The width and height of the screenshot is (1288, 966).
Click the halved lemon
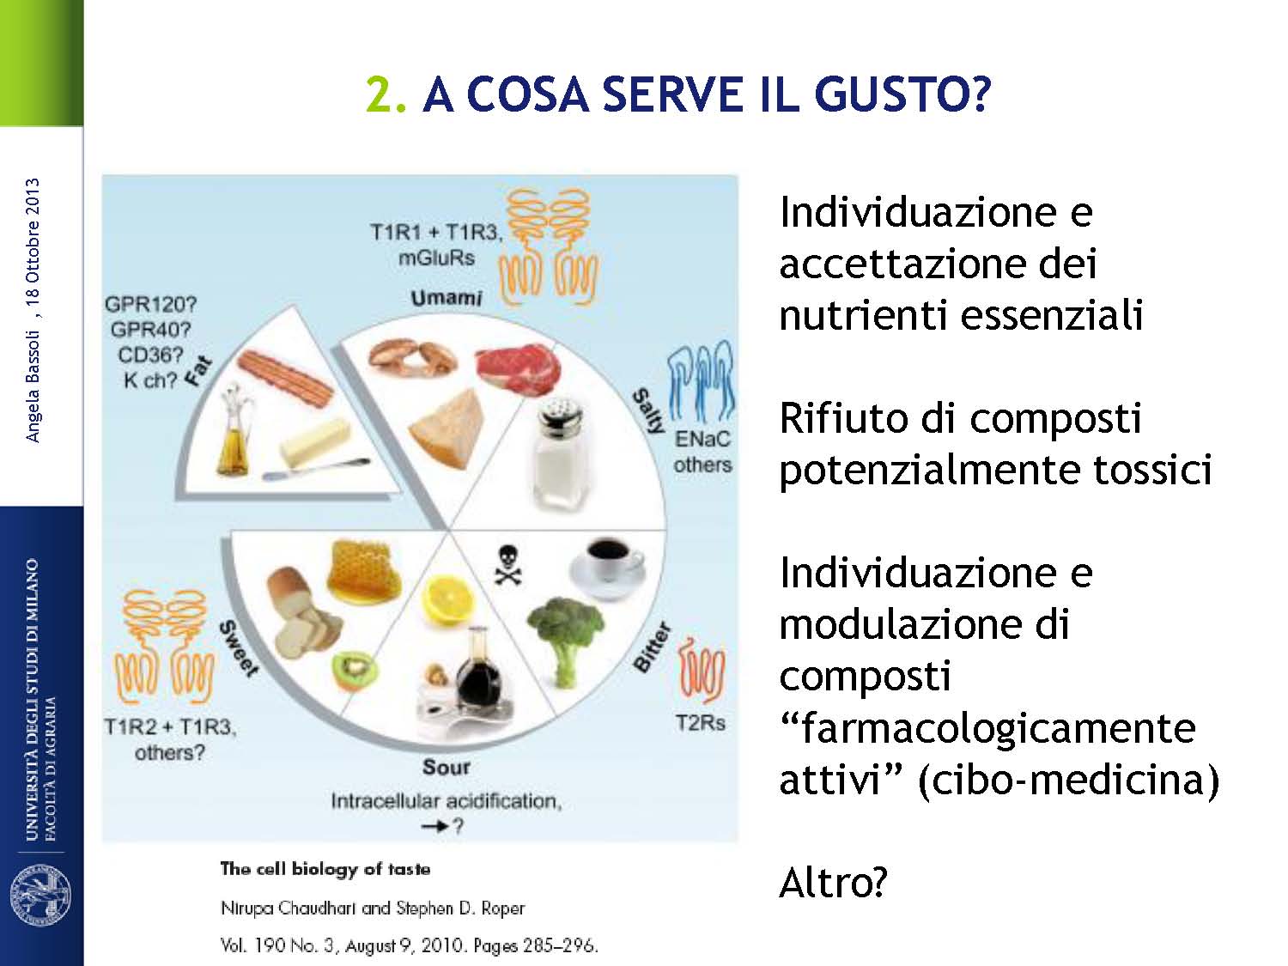click(449, 599)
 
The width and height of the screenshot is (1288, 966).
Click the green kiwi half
click(355, 670)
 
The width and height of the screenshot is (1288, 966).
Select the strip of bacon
click(286, 379)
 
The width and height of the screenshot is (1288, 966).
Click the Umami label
click(446, 298)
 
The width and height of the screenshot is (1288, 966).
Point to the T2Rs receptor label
click(700, 723)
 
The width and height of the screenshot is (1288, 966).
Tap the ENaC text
click(702, 439)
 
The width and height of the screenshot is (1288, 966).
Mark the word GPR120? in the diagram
click(151, 305)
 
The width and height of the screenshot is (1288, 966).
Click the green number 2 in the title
click(380, 95)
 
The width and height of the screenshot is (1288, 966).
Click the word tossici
click(1152, 470)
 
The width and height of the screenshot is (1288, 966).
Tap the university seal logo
click(41, 895)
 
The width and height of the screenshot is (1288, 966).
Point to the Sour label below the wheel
click(446, 767)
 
